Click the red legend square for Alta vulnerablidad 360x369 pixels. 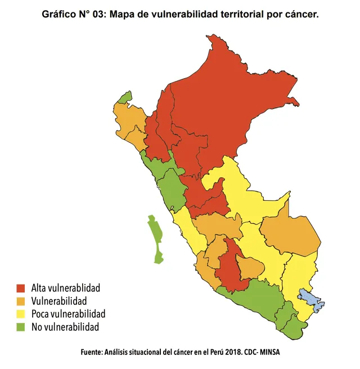click(21, 289)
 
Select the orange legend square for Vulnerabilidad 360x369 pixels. click(21, 301)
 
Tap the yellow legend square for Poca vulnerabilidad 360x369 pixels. click(21, 314)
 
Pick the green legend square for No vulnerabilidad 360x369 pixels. click(21, 327)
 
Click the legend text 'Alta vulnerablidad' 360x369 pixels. click(66, 289)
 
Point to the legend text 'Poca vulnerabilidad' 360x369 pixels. click(68, 314)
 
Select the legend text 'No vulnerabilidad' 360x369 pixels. click(65, 327)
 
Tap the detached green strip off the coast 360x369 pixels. click(155, 238)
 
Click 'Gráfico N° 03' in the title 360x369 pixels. click(74, 15)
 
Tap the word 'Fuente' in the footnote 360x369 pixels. click(91, 352)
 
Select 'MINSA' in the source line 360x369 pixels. click(267, 352)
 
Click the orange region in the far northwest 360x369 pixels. click(129, 121)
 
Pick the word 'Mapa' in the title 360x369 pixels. click(123, 15)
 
